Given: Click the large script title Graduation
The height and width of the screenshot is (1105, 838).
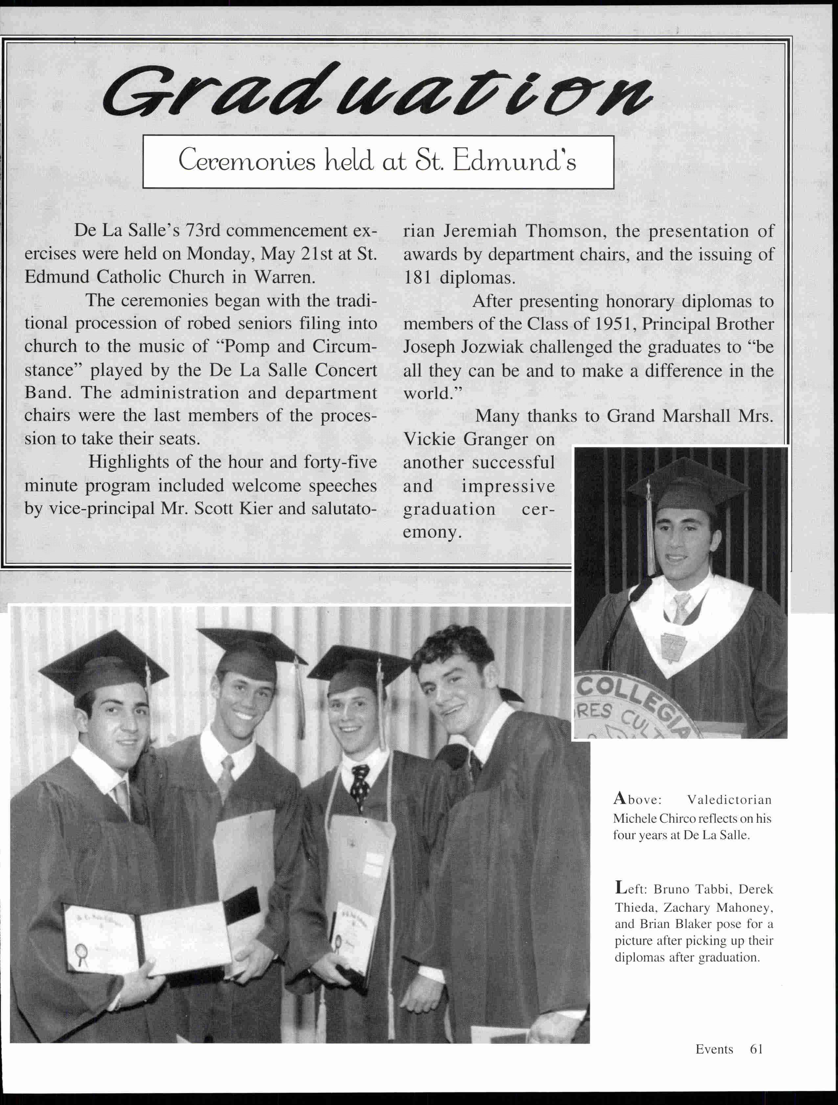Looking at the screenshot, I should click(x=377, y=92).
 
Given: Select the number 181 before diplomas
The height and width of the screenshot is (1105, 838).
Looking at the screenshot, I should click(x=418, y=278).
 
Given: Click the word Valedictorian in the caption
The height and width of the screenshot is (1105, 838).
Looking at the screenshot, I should click(x=729, y=800).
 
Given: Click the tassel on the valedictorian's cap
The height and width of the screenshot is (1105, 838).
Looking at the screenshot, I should click(x=650, y=530).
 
